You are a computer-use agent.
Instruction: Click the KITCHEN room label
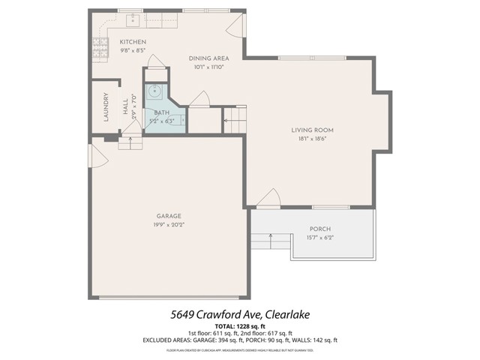coord(133,42)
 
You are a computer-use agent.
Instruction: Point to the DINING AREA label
coord(208,58)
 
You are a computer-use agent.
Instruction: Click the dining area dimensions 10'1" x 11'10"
coord(208,67)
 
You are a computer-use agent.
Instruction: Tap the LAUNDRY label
coord(106,106)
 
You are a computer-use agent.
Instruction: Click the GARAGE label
coord(168,216)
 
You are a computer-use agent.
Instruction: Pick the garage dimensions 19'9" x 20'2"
coord(168,224)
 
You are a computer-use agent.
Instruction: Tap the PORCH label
coord(319,229)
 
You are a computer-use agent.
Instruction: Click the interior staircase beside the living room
coord(235,121)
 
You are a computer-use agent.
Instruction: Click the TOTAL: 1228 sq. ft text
coord(239,326)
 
